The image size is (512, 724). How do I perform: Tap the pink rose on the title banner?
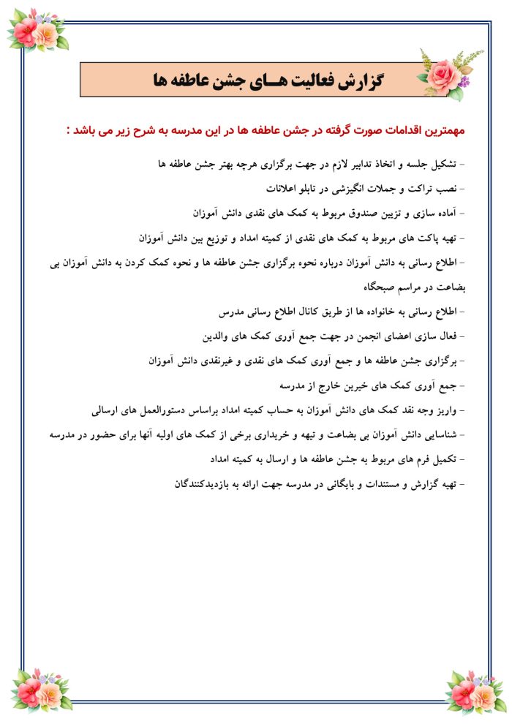444,72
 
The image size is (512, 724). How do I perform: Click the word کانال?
300,312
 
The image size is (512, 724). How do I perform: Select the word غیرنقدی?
211,361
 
